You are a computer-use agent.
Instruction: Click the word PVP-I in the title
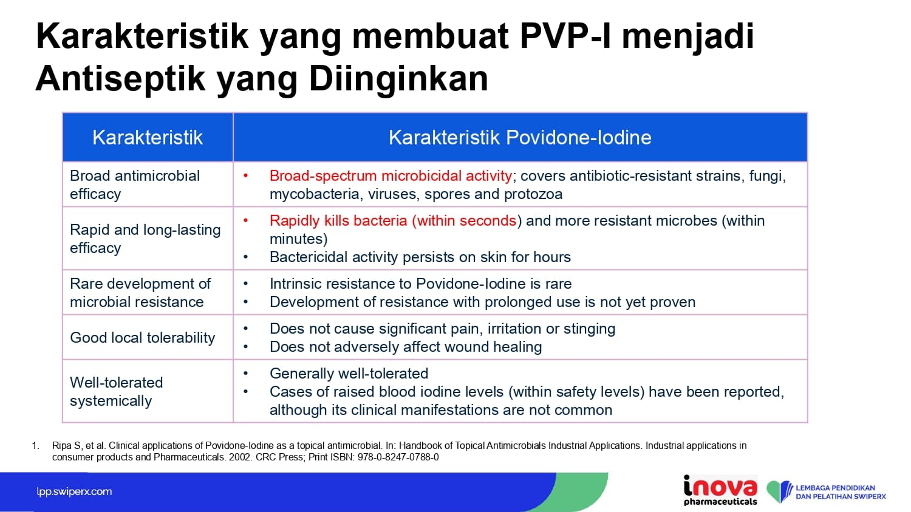coord(565,36)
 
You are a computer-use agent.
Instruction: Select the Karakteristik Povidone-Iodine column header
coord(520,137)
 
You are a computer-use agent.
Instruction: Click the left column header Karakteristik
coord(147,137)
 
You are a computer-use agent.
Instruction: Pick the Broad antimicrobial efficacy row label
coord(135,184)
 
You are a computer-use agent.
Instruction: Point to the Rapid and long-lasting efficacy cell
coord(145,238)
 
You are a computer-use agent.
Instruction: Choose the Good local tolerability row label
coord(142,338)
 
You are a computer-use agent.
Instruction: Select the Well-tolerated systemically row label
coord(117,391)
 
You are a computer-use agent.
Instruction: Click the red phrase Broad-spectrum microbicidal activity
coord(391,176)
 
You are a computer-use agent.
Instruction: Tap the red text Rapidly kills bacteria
coord(338,221)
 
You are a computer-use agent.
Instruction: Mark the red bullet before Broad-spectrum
coord(245,176)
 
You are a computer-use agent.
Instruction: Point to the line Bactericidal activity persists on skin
coord(420,257)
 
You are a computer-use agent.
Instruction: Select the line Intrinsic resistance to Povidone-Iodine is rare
coord(420,284)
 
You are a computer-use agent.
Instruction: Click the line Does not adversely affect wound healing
coord(406,347)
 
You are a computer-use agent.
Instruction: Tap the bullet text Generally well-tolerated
coord(349,374)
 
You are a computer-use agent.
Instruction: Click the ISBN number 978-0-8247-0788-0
coord(398,457)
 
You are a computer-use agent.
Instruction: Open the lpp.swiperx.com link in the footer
coord(74,492)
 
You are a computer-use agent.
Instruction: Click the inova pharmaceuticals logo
coord(720,490)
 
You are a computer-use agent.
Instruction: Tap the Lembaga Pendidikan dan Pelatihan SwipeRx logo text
coord(841,492)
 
